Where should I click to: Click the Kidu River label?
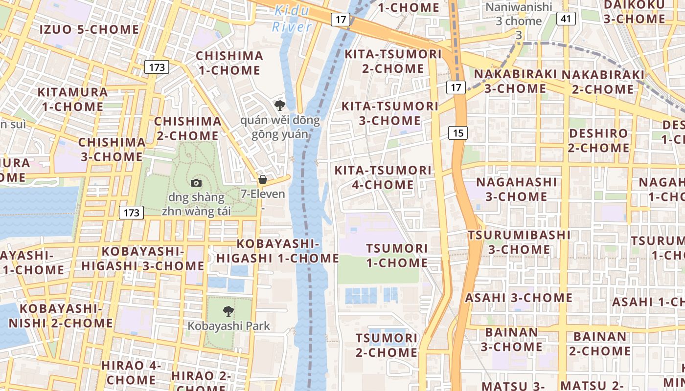pyautogui.click(x=292, y=18)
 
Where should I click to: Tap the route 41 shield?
pyautogui.click(x=566, y=19)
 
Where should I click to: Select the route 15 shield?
pyautogui.click(x=457, y=132)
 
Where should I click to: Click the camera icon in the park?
pyautogui.click(x=196, y=183)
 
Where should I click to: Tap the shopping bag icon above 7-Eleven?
pyautogui.click(x=263, y=179)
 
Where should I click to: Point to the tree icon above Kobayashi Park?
pyautogui.click(x=228, y=311)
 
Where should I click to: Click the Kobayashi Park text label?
pyautogui.click(x=228, y=326)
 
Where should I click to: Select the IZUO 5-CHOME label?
pyautogui.click(x=89, y=29)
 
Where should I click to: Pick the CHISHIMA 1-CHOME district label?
pyautogui.click(x=229, y=63)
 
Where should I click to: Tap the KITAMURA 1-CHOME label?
pyautogui.click(x=72, y=99)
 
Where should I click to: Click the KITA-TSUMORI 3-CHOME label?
pyautogui.click(x=389, y=113)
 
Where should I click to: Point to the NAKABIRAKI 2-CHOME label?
pyautogui.click(x=603, y=82)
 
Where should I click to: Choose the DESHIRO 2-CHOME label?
pyautogui.click(x=599, y=140)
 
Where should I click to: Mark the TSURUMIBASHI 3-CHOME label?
pyautogui.click(x=519, y=242)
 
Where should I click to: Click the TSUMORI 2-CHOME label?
pyautogui.click(x=387, y=345)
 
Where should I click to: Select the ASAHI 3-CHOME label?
pyautogui.click(x=519, y=298)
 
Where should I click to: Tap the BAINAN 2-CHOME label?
pyautogui.click(x=599, y=344)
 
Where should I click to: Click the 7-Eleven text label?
pyautogui.click(x=263, y=194)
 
